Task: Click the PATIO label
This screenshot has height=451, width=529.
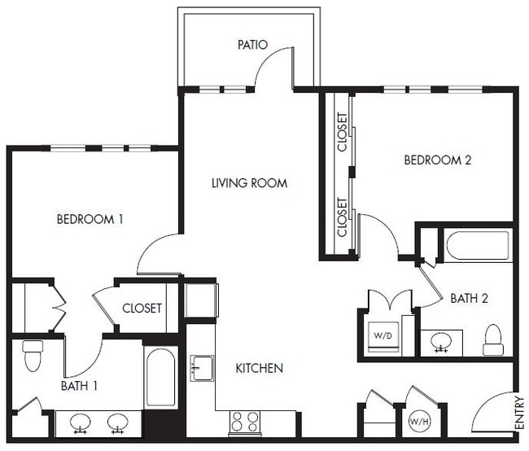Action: pos(252,45)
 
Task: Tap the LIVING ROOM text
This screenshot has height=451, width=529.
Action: pos(249,183)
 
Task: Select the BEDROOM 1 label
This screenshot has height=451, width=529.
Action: pos(90,219)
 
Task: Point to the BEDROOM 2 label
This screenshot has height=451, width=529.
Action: pos(438,160)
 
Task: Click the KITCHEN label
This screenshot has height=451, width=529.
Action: pos(259,368)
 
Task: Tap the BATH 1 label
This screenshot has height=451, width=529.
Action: pos(79,385)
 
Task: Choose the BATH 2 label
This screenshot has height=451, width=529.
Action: pos(469,299)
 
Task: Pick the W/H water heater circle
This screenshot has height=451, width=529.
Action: pos(418,422)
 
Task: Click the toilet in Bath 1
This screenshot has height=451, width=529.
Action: pos(33,355)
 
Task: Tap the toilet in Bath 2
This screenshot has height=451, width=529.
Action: pos(493,339)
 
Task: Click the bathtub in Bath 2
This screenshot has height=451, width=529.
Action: pos(477,245)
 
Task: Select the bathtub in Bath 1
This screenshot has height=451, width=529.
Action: pos(160,378)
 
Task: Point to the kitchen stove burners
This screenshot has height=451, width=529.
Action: pos(245,422)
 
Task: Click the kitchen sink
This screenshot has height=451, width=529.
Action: pos(201,367)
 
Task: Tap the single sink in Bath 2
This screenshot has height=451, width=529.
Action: pos(442,341)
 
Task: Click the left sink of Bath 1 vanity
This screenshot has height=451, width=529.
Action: pos(81,423)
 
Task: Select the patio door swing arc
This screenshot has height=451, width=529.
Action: pos(277,65)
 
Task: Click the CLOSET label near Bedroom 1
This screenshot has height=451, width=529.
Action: pos(142,309)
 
